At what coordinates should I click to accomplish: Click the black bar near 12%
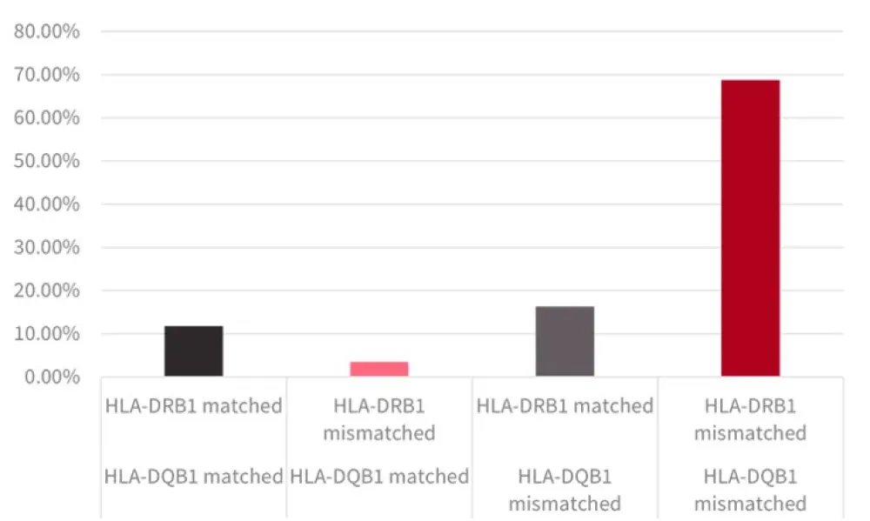point(193,351)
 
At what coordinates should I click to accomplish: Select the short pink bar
point(379,369)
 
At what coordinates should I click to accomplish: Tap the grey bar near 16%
point(565,341)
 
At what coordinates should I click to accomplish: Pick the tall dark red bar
point(750,228)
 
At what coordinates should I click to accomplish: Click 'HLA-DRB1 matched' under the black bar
point(193,405)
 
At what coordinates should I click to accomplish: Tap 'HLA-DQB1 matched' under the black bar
point(193,477)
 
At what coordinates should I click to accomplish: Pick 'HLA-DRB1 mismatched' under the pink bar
point(379,418)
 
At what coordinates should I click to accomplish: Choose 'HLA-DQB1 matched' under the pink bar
point(379,477)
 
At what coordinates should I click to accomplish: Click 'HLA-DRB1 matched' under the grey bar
point(565,405)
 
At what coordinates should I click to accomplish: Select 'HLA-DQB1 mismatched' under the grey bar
point(565,490)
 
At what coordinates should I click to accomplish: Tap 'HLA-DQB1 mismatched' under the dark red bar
point(750,490)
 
